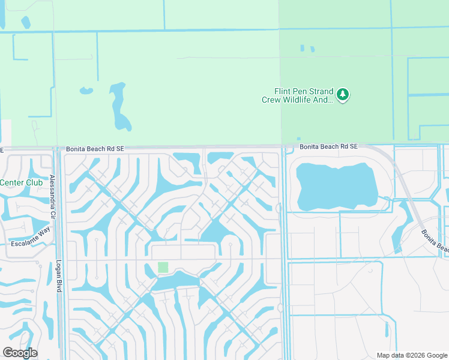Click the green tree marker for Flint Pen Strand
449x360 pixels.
[x=343, y=94]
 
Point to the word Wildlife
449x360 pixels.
[x=310, y=100]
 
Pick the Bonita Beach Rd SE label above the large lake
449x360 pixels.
[x=328, y=146]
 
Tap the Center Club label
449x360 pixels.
[x=21, y=182]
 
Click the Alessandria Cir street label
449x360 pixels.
[x=53, y=190]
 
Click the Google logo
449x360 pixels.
[x=20, y=353]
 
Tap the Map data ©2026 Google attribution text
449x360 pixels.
[x=412, y=355]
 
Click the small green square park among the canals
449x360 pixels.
[x=163, y=268]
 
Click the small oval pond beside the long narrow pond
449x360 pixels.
[x=86, y=92]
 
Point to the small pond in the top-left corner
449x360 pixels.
[x=26, y=23]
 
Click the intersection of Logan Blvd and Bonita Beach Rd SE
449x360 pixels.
[x=59, y=148]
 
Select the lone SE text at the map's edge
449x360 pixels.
[x=2, y=149]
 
